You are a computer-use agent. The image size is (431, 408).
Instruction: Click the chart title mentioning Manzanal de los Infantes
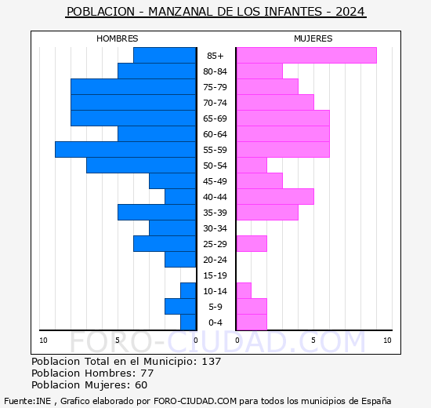(215, 12)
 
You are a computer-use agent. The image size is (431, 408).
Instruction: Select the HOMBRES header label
(117, 38)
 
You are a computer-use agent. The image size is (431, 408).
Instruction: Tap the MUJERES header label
(313, 38)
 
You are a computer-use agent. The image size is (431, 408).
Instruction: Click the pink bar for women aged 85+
(306, 55)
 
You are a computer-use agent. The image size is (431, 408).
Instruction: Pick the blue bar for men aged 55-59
(125, 149)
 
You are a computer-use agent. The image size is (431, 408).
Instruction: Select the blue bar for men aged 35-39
(157, 212)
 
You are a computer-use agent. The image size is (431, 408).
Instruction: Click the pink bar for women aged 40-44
(274, 196)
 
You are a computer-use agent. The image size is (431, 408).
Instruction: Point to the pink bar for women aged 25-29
(251, 243)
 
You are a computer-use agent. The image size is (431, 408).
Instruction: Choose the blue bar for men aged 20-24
(180, 259)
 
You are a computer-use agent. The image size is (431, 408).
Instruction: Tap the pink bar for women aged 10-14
(243, 290)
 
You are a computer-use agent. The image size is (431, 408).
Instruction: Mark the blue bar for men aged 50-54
(141, 165)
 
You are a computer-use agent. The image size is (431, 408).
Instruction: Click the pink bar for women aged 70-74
(274, 102)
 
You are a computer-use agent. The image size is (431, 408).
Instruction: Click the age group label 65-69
(215, 118)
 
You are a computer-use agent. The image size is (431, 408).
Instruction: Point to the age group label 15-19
(215, 275)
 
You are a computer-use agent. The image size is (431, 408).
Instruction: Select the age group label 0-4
(215, 322)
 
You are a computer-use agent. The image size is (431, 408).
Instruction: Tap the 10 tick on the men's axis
(43, 340)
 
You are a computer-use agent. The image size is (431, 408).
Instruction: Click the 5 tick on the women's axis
(312, 340)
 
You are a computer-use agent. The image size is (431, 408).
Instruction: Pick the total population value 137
(211, 362)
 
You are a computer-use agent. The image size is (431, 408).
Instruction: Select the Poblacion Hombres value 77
(147, 373)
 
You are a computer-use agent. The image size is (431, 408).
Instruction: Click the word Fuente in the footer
(18, 400)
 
